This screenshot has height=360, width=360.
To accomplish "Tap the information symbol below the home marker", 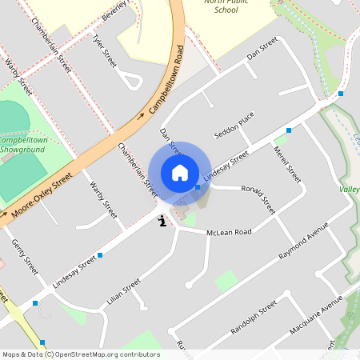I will pyautogui.click(x=162, y=222).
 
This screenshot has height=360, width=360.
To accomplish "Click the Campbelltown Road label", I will pyautogui.click(x=166, y=84).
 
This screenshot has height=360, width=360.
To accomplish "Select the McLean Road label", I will pyautogui.click(x=229, y=232).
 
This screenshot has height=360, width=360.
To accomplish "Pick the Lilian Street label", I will pyautogui.click(x=123, y=293).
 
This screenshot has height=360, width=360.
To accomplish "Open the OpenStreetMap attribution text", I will pyautogui.click(x=80, y=354).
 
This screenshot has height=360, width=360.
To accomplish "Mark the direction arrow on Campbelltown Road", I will pyautogui.click(x=142, y=115).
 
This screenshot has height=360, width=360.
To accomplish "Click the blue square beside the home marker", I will pyautogui.click(x=198, y=187).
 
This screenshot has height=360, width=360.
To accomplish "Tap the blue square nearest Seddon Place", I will pyautogui.click(x=289, y=130).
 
